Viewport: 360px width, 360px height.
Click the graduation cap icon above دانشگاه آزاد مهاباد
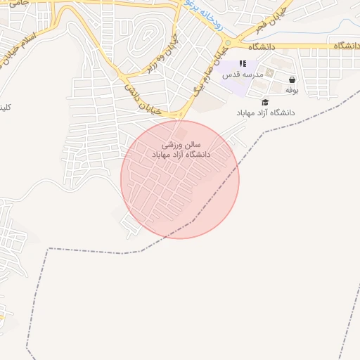(264, 102)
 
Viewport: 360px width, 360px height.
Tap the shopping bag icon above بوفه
(291, 80)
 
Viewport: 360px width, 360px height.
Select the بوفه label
(291, 91)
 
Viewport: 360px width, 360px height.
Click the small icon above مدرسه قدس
(243, 64)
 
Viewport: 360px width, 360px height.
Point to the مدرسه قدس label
(243, 75)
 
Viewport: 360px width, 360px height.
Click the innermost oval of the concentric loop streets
(147, 34)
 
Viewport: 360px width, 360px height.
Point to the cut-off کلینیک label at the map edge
(5, 108)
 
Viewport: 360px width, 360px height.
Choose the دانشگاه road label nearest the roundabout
(257, 46)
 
